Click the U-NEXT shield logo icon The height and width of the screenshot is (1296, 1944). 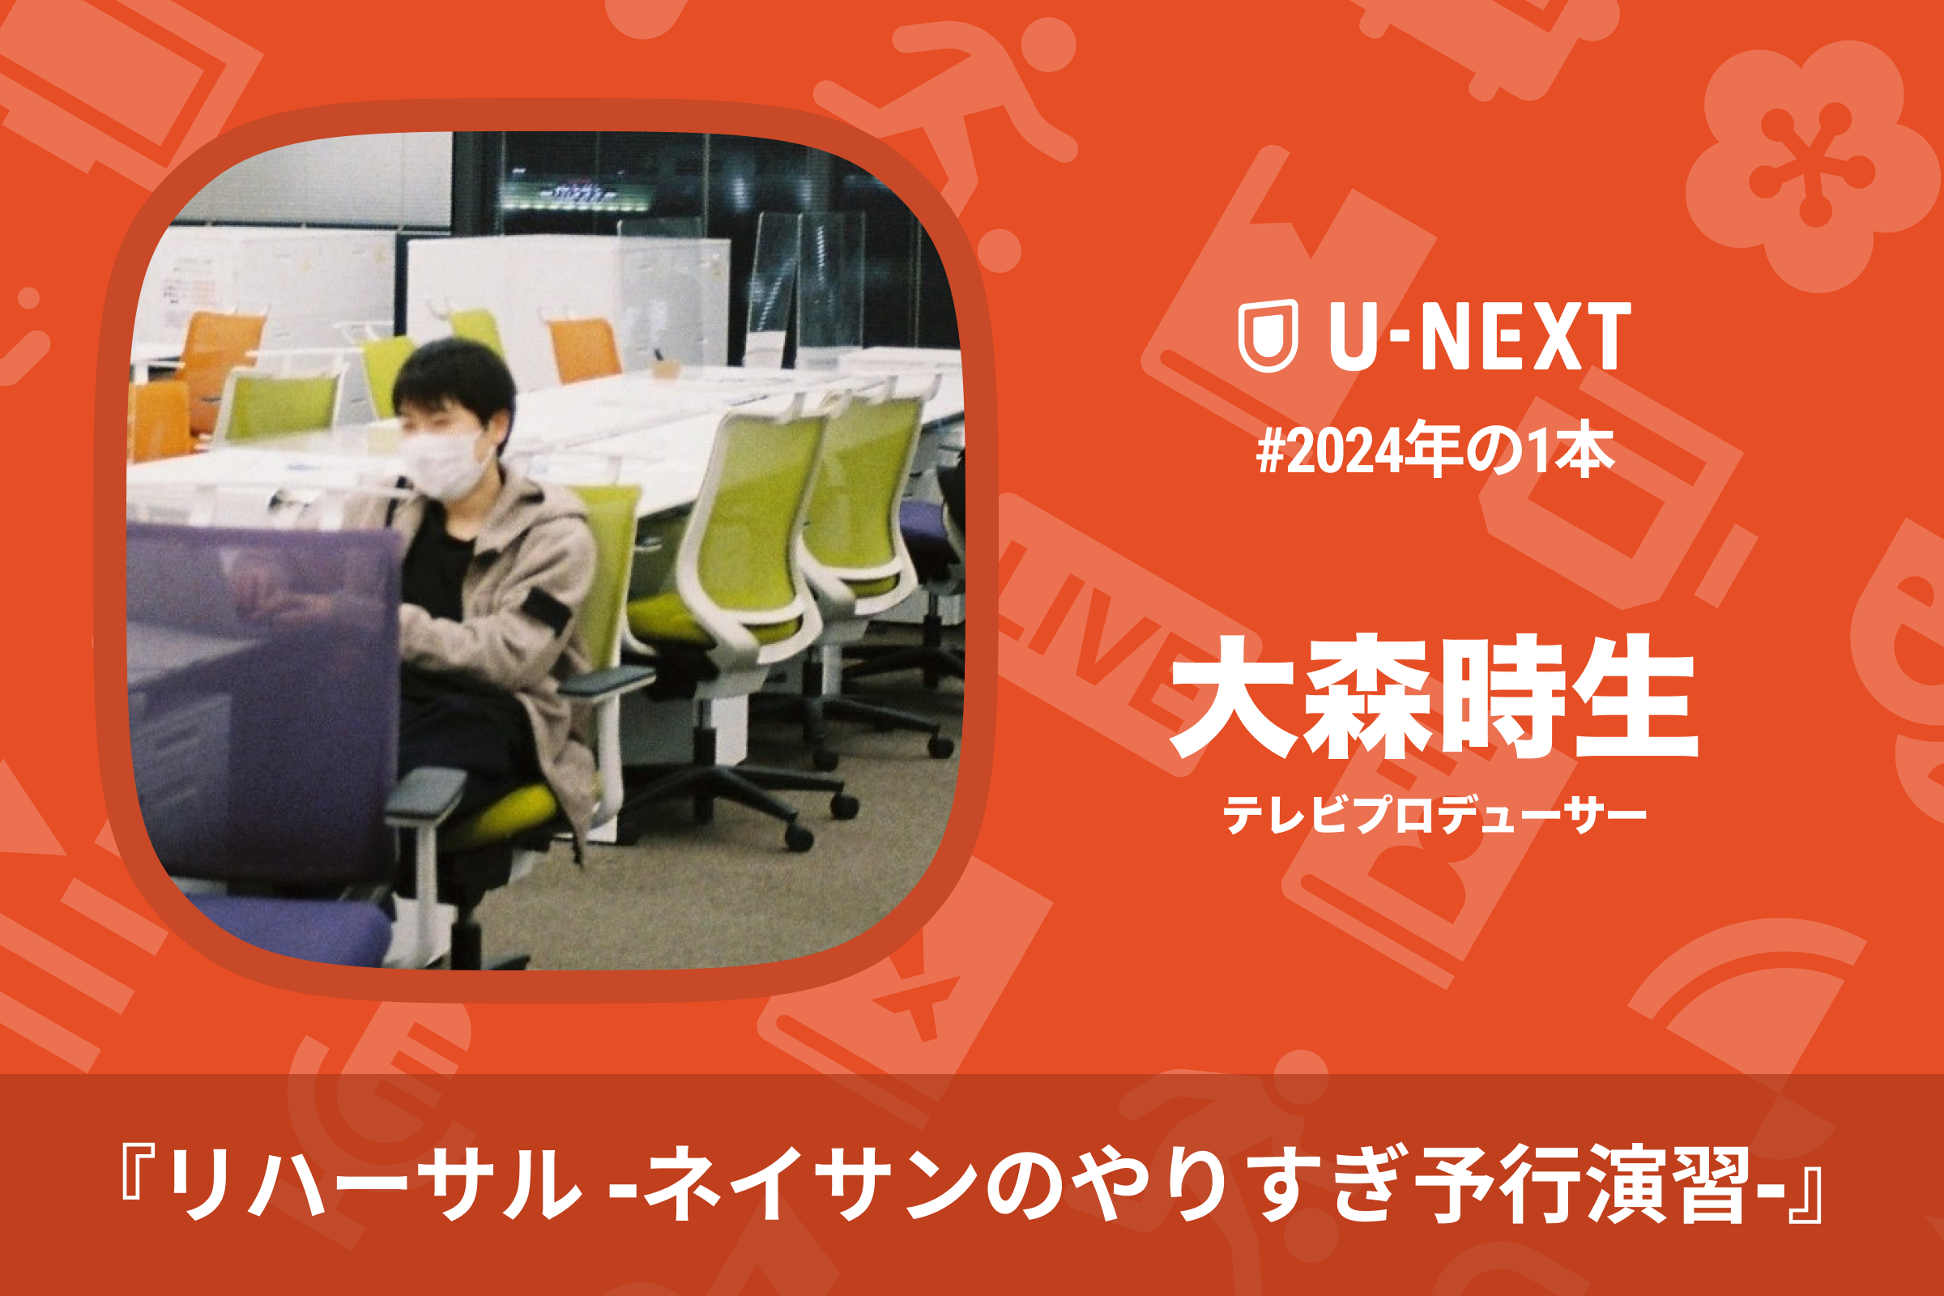[x=1268, y=335]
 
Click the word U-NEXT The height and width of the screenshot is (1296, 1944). [x=1481, y=335]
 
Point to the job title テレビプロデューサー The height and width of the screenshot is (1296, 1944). [x=1434, y=814]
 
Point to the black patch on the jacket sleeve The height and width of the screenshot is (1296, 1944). [x=548, y=611]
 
